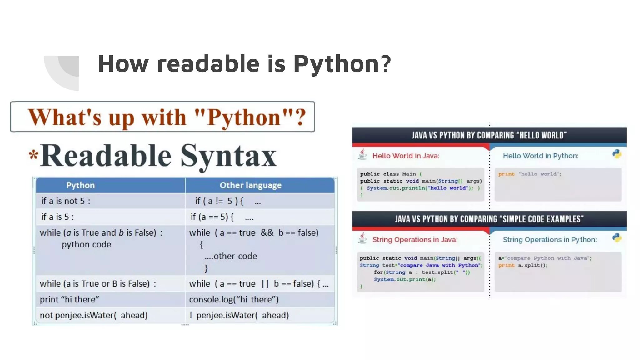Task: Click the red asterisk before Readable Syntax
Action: click(33, 155)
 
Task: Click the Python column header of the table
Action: click(80, 185)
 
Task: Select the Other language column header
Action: click(250, 185)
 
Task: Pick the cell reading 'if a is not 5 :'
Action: click(66, 201)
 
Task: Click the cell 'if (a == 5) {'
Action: click(212, 217)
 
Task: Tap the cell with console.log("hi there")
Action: click(234, 299)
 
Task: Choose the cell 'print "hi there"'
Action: click(69, 299)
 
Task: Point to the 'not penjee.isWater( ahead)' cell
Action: click(93, 315)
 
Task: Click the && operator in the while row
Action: click(267, 232)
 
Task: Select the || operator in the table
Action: click(265, 284)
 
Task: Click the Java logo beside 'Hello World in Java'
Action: click(362, 154)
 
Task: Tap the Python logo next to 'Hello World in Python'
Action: click(617, 154)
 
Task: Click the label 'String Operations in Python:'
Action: click(550, 240)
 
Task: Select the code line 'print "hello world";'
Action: click(530, 174)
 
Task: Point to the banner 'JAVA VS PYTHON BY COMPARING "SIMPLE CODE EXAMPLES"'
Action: click(489, 219)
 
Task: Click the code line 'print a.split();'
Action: click(523, 265)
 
